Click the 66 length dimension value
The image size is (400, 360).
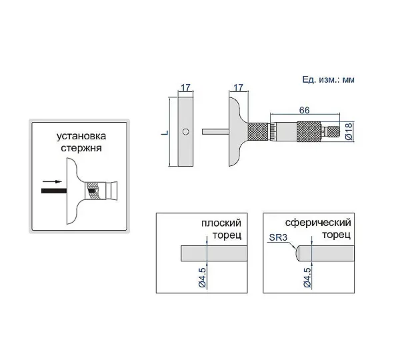click(305, 110)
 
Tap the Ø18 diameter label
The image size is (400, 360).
click(349, 131)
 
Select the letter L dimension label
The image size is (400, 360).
click(165, 133)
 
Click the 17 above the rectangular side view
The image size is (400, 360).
click(186, 87)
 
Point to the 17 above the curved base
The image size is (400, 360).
click(238, 87)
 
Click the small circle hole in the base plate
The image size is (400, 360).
click(186, 131)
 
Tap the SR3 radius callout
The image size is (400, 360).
click(278, 237)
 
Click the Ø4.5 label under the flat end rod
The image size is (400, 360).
click(203, 277)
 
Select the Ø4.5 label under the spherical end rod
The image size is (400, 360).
click(307, 277)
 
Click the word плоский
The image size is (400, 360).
click(221, 223)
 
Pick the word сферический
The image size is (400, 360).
click(318, 223)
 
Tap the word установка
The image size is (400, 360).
click(81, 136)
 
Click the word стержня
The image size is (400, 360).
click(81, 148)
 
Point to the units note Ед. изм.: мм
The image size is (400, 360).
click(328, 80)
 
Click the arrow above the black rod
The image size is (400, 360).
click(52, 181)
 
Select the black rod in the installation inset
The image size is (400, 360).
click(54, 191)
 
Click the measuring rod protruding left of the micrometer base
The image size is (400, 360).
click(215, 131)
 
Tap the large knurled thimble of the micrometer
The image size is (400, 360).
click(309, 131)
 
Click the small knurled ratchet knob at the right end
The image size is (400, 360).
click(334, 131)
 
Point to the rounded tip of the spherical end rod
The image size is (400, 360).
click(297, 253)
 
